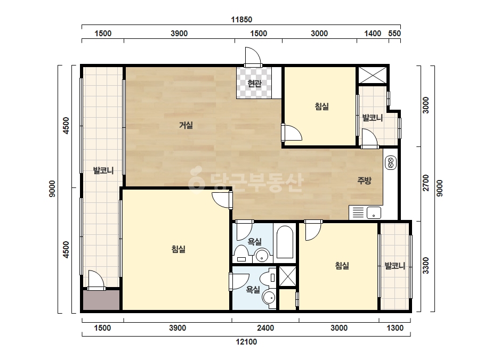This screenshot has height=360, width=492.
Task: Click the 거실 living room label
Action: pyautogui.click(x=185, y=125)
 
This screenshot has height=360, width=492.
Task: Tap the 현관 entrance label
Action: pyautogui.click(x=254, y=84)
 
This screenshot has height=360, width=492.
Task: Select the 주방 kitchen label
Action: pyautogui.click(x=364, y=181)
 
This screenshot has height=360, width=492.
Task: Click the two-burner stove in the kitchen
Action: pyautogui.click(x=391, y=163)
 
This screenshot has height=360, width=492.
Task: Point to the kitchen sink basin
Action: pyautogui.click(x=374, y=212)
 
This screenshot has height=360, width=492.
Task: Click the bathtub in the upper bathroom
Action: pyautogui.click(x=285, y=242)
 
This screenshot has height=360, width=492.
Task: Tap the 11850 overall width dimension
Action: pyautogui.click(x=241, y=20)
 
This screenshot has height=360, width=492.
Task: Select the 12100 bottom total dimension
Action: pyautogui.click(x=246, y=341)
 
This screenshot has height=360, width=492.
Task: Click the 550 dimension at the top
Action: pyautogui.click(x=394, y=33)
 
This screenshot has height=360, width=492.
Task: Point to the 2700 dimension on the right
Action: pyautogui.click(x=425, y=183)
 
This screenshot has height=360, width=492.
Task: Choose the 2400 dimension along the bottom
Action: pyautogui.click(x=265, y=328)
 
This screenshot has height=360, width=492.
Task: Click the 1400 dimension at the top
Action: pyautogui.click(x=373, y=33)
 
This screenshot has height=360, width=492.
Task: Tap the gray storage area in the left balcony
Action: pyautogui.click(x=101, y=300)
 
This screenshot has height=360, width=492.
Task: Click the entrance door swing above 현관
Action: pyautogui.click(x=253, y=56)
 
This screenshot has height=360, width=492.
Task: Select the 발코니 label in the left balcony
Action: pyautogui.click(x=103, y=170)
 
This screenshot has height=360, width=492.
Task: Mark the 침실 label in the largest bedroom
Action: pyautogui.click(x=178, y=249)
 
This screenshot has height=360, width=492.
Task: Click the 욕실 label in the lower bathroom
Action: pyautogui.click(x=253, y=290)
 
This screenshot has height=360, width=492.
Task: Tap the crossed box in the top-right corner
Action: pyautogui.click(x=373, y=75)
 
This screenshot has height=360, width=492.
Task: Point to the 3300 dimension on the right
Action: pyautogui.click(x=425, y=265)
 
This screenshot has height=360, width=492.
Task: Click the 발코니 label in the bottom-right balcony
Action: pyautogui.click(x=395, y=266)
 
